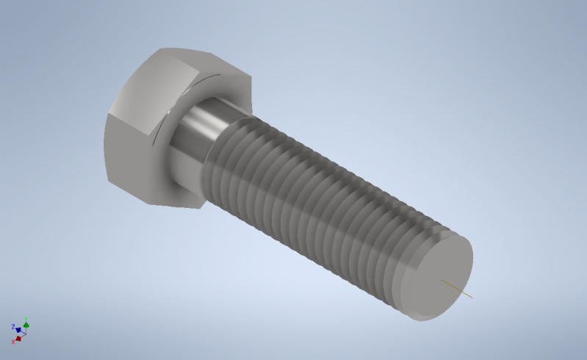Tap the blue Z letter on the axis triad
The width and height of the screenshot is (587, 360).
click(13, 326)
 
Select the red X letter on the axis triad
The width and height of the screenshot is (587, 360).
click(13, 342)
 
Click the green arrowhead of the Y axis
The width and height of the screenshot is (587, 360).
click(26, 325)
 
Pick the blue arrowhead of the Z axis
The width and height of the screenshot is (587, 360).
click(18, 330)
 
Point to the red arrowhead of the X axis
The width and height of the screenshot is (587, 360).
click(18, 338)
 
